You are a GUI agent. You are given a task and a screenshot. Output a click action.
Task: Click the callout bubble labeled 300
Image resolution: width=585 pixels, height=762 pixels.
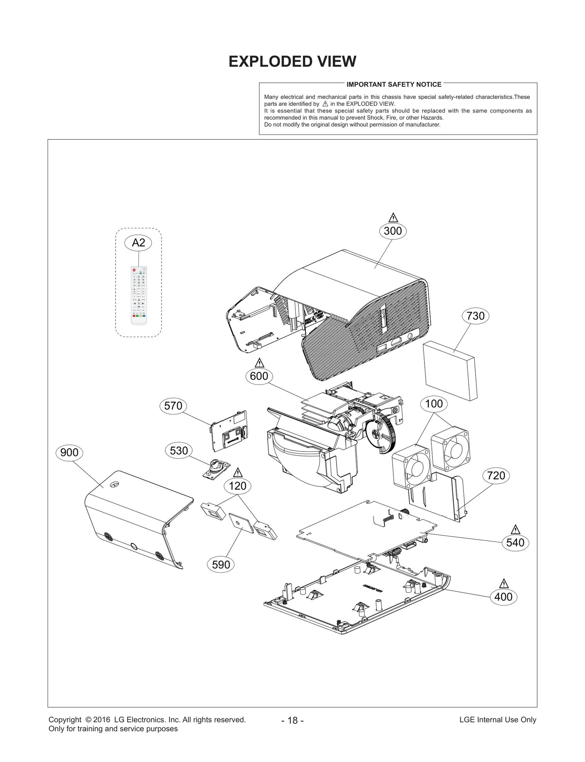tap(393, 231)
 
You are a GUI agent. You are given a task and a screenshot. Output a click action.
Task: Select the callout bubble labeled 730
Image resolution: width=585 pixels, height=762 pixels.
tap(475, 316)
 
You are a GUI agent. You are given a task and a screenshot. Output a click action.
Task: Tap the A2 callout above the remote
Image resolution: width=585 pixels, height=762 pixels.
tap(138, 242)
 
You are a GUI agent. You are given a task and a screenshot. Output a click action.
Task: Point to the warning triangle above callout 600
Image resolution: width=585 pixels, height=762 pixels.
tap(259, 363)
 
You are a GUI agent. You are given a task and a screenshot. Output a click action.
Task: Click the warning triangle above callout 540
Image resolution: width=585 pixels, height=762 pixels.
tap(515, 529)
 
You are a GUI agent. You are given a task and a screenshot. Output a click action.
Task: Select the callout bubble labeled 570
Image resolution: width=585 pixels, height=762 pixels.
tap(173, 406)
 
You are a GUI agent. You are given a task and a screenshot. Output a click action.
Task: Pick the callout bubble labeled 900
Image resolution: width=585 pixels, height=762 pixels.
tap(69, 453)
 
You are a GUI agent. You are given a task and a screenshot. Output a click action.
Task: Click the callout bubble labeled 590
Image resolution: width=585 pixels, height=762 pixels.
tap(221, 565)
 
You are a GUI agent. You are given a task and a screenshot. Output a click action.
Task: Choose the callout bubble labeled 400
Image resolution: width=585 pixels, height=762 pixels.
tap(503, 597)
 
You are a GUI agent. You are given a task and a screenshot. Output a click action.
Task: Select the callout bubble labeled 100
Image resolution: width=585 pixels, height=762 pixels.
tap(434, 404)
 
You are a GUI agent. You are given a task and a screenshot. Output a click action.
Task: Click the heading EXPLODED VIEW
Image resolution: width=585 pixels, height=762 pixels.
tap(292, 61)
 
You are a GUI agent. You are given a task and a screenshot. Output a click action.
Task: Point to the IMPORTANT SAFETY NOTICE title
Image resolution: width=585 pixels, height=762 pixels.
tap(394, 84)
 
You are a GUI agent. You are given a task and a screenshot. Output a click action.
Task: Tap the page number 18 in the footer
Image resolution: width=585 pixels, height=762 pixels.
tap(292, 720)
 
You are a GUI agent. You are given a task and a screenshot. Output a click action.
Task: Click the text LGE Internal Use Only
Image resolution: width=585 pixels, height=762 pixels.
tap(498, 720)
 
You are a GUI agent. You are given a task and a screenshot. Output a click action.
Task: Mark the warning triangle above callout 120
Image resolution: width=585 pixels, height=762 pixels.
tap(238, 472)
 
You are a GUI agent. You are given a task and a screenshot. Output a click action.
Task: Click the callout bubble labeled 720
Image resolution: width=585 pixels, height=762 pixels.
tap(496, 475)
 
